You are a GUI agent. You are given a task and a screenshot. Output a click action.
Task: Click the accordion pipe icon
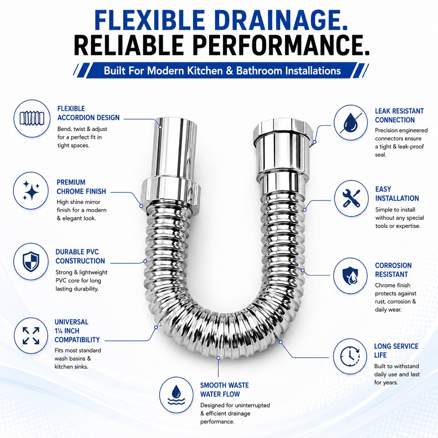[32, 118]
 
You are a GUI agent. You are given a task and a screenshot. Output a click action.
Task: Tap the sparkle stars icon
[31, 190]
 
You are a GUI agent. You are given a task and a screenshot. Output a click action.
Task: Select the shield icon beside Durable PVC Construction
[31, 261]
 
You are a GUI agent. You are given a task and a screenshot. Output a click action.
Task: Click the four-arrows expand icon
[31, 336]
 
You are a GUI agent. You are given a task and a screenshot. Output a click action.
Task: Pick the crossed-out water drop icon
[351, 123]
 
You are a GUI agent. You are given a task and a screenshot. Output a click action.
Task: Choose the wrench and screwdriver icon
[351, 198]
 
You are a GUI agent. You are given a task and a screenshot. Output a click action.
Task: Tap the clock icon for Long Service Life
[350, 356]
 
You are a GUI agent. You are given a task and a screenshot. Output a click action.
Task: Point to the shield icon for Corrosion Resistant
[350, 276]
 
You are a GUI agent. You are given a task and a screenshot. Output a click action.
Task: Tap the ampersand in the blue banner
[229, 71]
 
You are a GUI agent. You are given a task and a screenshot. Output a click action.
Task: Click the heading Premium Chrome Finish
[81, 187]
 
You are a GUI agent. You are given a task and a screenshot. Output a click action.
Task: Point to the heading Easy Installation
[397, 194]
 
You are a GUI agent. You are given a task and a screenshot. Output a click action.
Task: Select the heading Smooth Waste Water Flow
[224, 389]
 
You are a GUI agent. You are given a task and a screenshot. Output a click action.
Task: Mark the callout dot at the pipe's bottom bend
[218, 358]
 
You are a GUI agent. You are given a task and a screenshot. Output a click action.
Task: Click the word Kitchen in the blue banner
[205, 71]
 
